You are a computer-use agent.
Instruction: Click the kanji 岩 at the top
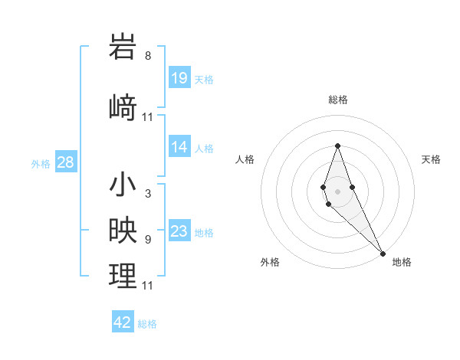tap(123, 47)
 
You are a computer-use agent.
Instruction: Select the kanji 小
tap(123, 185)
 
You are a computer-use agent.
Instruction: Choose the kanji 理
tap(123, 276)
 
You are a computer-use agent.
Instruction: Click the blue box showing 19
tap(179, 77)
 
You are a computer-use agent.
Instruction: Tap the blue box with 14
tap(179, 147)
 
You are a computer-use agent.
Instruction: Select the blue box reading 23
tap(179, 231)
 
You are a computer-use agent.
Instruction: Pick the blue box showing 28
tap(65, 162)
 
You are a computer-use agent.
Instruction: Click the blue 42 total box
tap(123, 322)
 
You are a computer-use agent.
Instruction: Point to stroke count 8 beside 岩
tap(148, 56)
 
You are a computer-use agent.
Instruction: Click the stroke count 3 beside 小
tap(148, 194)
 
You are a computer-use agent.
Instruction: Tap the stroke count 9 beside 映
tap(148, 239)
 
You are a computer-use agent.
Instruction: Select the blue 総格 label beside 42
tap(147, 324)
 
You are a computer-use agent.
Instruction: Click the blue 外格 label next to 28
tap(41, 163)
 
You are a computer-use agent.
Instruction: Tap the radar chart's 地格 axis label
tap(402, 262)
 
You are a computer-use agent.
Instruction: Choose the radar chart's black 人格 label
tap(245, 159)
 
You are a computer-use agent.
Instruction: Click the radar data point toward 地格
tap(383, 253)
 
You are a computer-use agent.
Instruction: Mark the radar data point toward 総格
tap(337, 146)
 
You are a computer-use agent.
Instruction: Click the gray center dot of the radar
tap(337, 191)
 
